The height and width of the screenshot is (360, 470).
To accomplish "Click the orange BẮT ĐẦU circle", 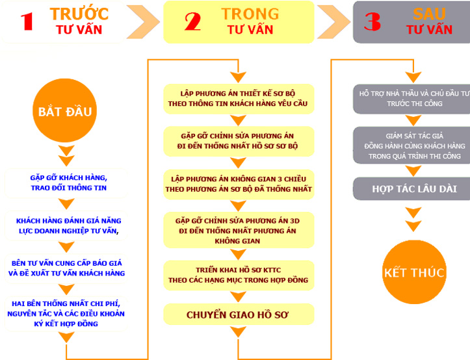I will pyautogui.click(x=64, y=111).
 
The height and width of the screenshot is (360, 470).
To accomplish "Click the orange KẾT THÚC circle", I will pyautogui.click(x=414, y=272).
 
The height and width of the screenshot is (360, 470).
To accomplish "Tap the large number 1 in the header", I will pyautogui.click(x=27, y=21).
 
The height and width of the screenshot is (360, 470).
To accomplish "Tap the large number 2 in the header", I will pyautogui.click(x=192, y=21).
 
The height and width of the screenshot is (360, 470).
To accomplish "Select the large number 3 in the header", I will pyautogui.click(x=372, y=21).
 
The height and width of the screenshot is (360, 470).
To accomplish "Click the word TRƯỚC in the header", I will pyautogui.click(x=79, y=14).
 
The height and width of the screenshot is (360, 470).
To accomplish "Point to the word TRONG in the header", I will pyautogui.click(x=250, y=14).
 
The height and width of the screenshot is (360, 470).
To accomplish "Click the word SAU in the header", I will pyautogui.click(x=429, y=14).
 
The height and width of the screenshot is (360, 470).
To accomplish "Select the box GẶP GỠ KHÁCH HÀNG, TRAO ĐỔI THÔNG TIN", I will pyautogui.click(x=68, y=182).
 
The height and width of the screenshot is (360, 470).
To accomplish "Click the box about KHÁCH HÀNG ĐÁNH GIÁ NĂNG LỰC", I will pyautogui.click(x=68, y=225).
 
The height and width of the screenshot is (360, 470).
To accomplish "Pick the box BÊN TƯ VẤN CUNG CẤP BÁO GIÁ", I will pyautogui.click(x=68, y=268).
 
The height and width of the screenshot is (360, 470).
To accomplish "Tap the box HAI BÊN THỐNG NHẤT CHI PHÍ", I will pyautogui.click(x=68, y=313).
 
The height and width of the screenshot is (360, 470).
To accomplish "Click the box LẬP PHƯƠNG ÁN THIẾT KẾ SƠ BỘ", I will pyautogui.click(x=238, y=98).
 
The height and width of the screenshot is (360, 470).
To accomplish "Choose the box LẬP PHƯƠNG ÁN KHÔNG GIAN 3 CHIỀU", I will pyautogui.click(x=238, y=184).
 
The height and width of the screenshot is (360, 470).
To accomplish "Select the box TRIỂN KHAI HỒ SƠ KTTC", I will pyautogui.click(x=238, y=275).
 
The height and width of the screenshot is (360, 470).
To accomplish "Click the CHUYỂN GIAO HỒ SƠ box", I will pyautogui.click(x=238, y=315).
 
